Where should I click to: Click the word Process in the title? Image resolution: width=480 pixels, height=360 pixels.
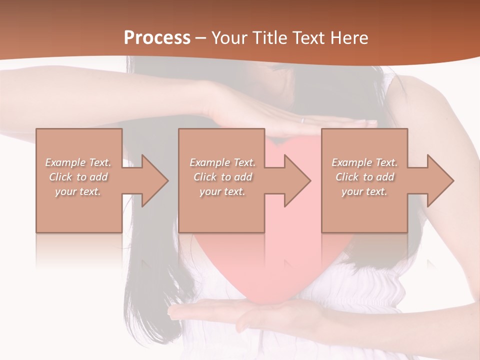point(157,38)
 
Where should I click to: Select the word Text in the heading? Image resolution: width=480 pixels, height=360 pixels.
point(307,38)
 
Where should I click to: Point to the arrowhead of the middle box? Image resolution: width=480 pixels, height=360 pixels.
point(296,180)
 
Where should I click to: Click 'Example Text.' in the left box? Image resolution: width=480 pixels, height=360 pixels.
point(78,162)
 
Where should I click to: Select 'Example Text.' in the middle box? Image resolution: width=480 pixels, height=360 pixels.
point(222,162)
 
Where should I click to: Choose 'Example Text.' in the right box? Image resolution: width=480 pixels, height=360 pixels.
point(364,162)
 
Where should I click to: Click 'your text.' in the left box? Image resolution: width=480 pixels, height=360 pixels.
point(78,191)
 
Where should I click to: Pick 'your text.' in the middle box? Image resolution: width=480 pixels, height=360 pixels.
point(222,191)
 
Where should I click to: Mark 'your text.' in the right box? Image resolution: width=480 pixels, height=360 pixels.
point(364,191)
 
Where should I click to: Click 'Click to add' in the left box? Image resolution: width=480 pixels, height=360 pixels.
point(78,177)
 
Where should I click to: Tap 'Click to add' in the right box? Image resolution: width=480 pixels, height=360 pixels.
point(364,177)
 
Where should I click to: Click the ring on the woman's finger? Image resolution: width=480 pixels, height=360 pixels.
point(302,120)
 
